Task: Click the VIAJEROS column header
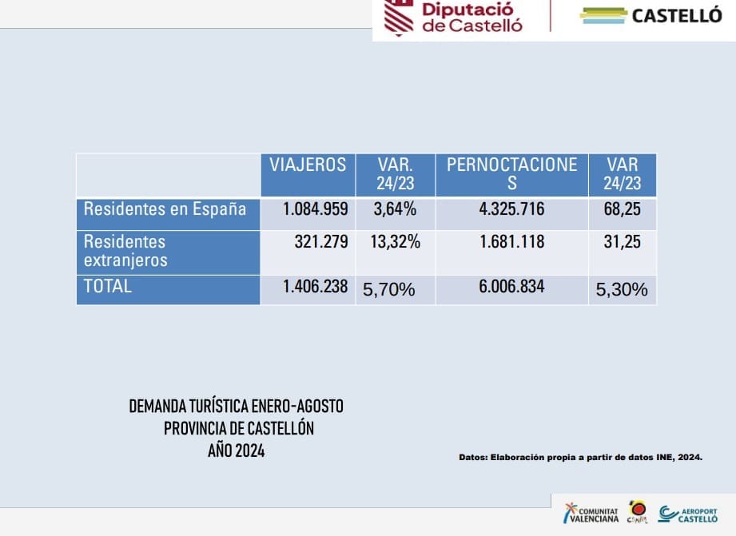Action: [x=308, y=165]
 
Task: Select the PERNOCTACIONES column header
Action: [x=511, y=173]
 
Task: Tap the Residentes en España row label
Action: [x=165, y=209]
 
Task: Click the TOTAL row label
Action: [x=108, y=287]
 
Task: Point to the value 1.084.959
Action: [x=315, y=210]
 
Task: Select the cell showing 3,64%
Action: [x=394, y=210]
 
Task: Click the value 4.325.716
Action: [x=511, y=210]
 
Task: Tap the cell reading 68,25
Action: [x=622, y=210]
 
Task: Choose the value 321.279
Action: [x=320, y=242]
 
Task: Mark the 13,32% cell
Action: [x=395, y=242]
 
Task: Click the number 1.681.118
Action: [x=511, y=242]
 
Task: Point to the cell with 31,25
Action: [x=622, y=242]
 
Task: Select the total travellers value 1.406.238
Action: [x=315, y=287]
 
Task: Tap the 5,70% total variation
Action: [x=389, y=290]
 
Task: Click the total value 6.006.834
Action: [x=511, y=287]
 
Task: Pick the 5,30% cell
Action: [x=622, y=290]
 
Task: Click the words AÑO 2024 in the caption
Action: [x=236, y=451]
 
